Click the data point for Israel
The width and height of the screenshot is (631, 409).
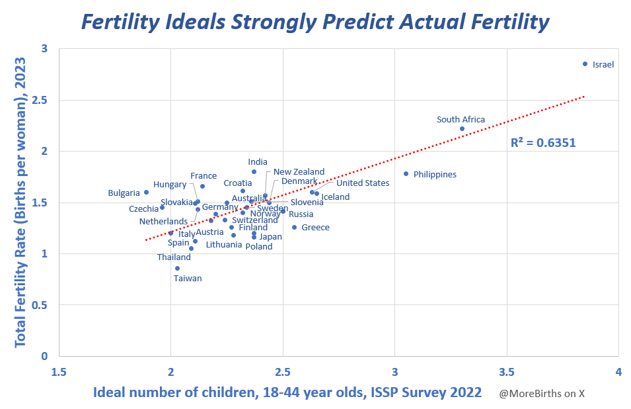pyautogui.click(x=585, y=64)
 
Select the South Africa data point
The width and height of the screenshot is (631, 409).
pyautogui.click(x=462, y=129)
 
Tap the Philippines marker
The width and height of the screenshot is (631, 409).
pyautogui.click(x=406, y=174)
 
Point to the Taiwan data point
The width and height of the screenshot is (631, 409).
pyautogui.click(x=177, y=268)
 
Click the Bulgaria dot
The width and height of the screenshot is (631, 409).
pyautogui.click(x=146, y=193)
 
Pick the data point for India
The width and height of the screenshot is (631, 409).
pyautogui.click(x=254, y=172)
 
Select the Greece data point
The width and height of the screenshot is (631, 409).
pyautogui.click(x=294, y=227)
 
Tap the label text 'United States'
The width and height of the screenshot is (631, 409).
pyautogui.click(x=363, y=183)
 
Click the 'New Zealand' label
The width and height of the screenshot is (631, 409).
pyautogui.click(x=299, y=172)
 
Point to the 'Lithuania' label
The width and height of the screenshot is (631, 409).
pyautogui.click(x=224, y=245)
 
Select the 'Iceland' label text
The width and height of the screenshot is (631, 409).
pyautogui.click(x=335, y=197)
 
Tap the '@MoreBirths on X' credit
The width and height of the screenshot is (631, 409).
pyautogui.click(x=542, y=393)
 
